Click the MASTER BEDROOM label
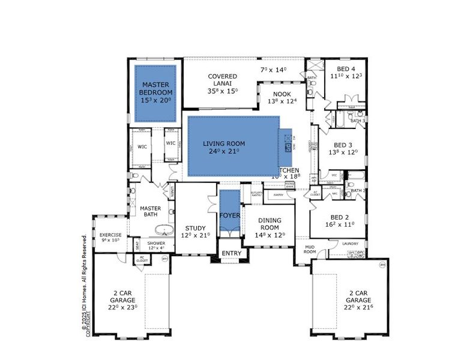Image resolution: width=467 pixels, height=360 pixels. [x=155, y=89]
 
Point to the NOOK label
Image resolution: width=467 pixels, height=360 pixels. [x=282, y=94]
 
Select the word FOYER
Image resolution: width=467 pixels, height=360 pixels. [x=229, y=215]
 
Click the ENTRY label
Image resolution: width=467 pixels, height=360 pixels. [x=232, y=253]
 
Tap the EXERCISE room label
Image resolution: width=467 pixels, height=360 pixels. [x=110, y=235]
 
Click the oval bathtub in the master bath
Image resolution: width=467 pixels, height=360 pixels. [x=163, y=229]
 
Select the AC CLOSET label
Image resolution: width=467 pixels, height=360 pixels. [x=142, y=259]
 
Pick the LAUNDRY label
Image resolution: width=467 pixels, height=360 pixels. [x=350, y=244]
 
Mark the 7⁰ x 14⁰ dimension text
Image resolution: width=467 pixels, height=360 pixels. [x=274, y=70]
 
